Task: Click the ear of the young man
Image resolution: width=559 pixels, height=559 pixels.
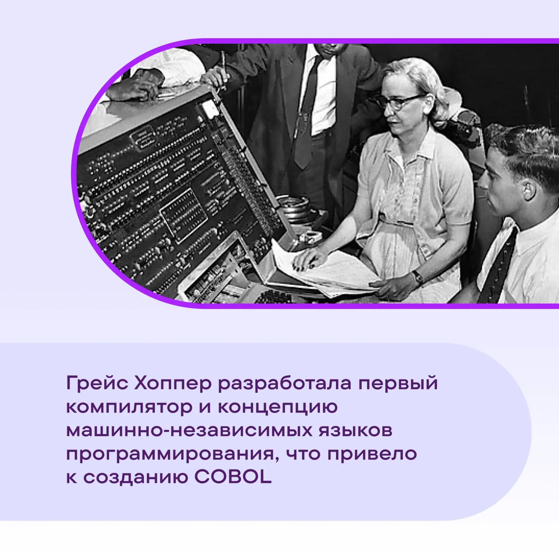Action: pyautogui.click(x=527, y=191)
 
